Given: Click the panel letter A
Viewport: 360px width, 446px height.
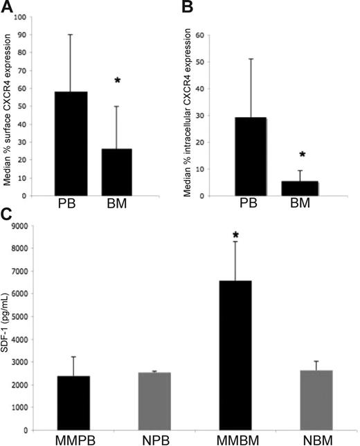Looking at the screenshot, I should [6, 7].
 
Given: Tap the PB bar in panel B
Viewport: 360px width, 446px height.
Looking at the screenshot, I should [258, 157].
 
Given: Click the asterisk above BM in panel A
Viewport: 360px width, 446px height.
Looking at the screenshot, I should [127, 81].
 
